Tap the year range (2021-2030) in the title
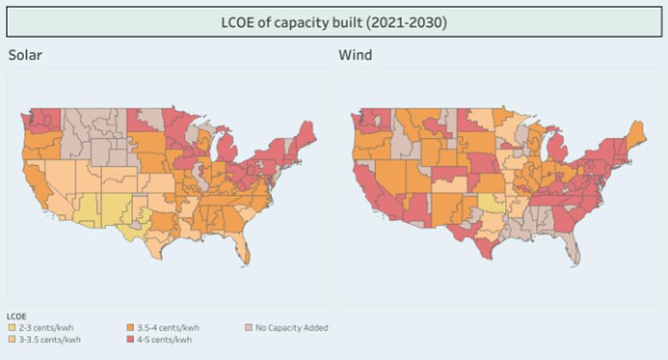[406, 22]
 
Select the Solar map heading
[25, 55]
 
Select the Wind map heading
[355, 55]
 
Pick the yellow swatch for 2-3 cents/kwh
[11, 327]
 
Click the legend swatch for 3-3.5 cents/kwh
[11, 339]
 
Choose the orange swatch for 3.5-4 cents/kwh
[131, 327]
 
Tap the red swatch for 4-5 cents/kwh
[131, 339]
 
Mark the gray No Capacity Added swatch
[249, 327]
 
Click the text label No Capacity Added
[291, 327]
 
